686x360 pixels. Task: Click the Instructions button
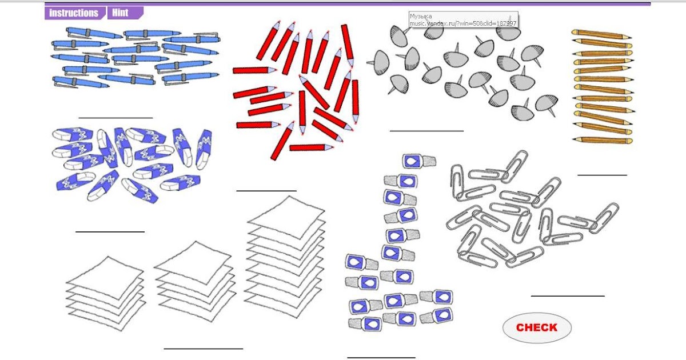pyautogui.click(x=75, y=13)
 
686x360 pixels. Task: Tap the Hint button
pyautogui.click(x=125, y=13)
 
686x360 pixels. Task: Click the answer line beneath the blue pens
pyautogui.click(x=115, y=118)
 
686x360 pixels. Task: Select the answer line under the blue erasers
pyautogui.click(x=110, y=232)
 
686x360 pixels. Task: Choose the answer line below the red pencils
pyautogui.click(x=266, y=191)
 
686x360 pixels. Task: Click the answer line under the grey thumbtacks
pyautogui.click(x=426, y=131)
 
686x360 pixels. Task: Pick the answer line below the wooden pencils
pyautogui.click(x=602, y=175)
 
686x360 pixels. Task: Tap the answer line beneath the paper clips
pyautogui.click(x=568, y=296)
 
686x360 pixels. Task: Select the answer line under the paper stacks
pyautogui.click(x=204, y=349)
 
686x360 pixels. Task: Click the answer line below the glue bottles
pyautogui.click(x=381, y=358)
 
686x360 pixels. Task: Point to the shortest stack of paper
pyautogui.click(x=106, y=293)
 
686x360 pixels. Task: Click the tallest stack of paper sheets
pyautogui.click(x=285, y=257)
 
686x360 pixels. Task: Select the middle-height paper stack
pyautogui.click(x=195, y=281)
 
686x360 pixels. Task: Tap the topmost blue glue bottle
pyautogui.click(x=419, y=161)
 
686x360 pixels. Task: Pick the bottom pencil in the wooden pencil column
pyautogui.click(x=603, y=140)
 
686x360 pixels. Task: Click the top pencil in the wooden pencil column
pyautogui.click(x=601, y=34)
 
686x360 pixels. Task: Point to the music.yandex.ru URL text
pyautogui.click(x=463, y=23)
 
